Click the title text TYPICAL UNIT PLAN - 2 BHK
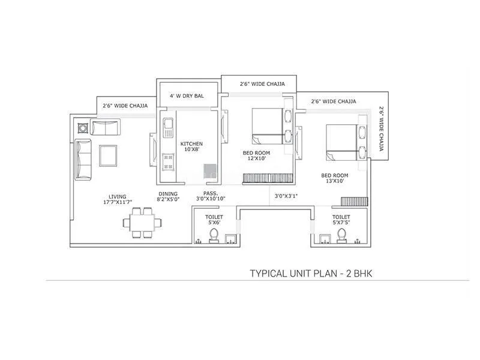tap(311, 274)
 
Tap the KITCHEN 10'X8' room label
tap(191, 147)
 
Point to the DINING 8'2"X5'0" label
tap(168, 197)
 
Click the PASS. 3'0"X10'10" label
tap(209, 197)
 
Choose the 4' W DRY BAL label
tap(188, 95)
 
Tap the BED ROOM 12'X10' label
tap(256, 156)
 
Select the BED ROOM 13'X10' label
tap(334, 178)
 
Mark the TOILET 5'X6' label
tap(214, 219)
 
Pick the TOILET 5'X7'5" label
tap(341, 220)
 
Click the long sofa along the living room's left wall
tap(82, 160)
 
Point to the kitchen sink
tap(168, 128)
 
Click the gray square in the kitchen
tap(209, 170)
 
